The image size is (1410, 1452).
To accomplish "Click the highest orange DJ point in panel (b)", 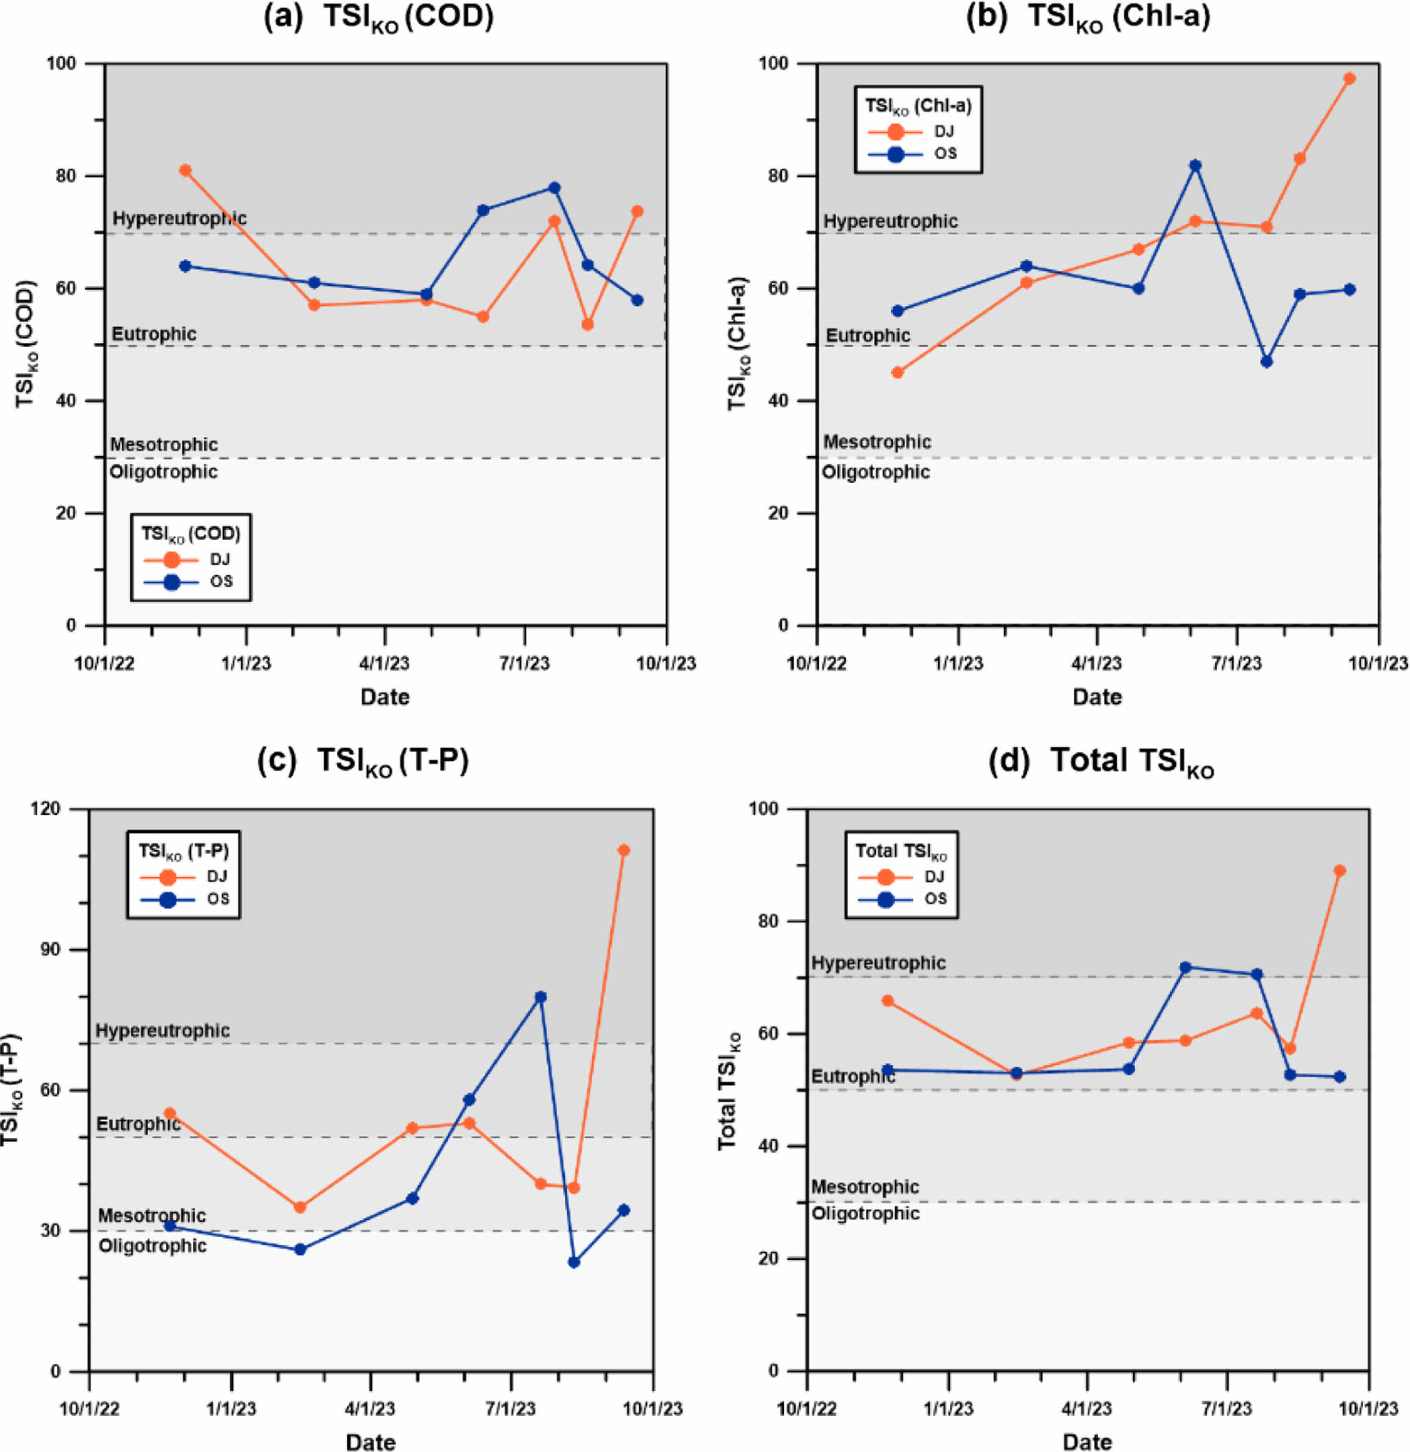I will (1349, 79).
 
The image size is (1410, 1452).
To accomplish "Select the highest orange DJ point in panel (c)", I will (623, 851).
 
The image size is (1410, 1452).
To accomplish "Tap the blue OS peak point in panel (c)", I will (540, 997).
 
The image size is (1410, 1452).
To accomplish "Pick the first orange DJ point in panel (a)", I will (185, 170).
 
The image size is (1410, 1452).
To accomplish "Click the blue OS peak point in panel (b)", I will (1194, 165).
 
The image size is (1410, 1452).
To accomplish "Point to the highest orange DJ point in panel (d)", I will (1339, 871).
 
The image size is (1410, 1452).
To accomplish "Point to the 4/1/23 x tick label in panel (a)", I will (384, 663).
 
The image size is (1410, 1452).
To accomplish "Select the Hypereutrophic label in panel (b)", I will (890, 222).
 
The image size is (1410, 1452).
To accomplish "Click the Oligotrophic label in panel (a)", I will (164, 472).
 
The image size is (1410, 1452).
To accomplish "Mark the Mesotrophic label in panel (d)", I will (864, 1187).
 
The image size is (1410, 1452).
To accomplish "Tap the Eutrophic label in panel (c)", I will (138, 1124).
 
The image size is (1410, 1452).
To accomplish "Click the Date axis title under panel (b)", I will (1097, 696).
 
